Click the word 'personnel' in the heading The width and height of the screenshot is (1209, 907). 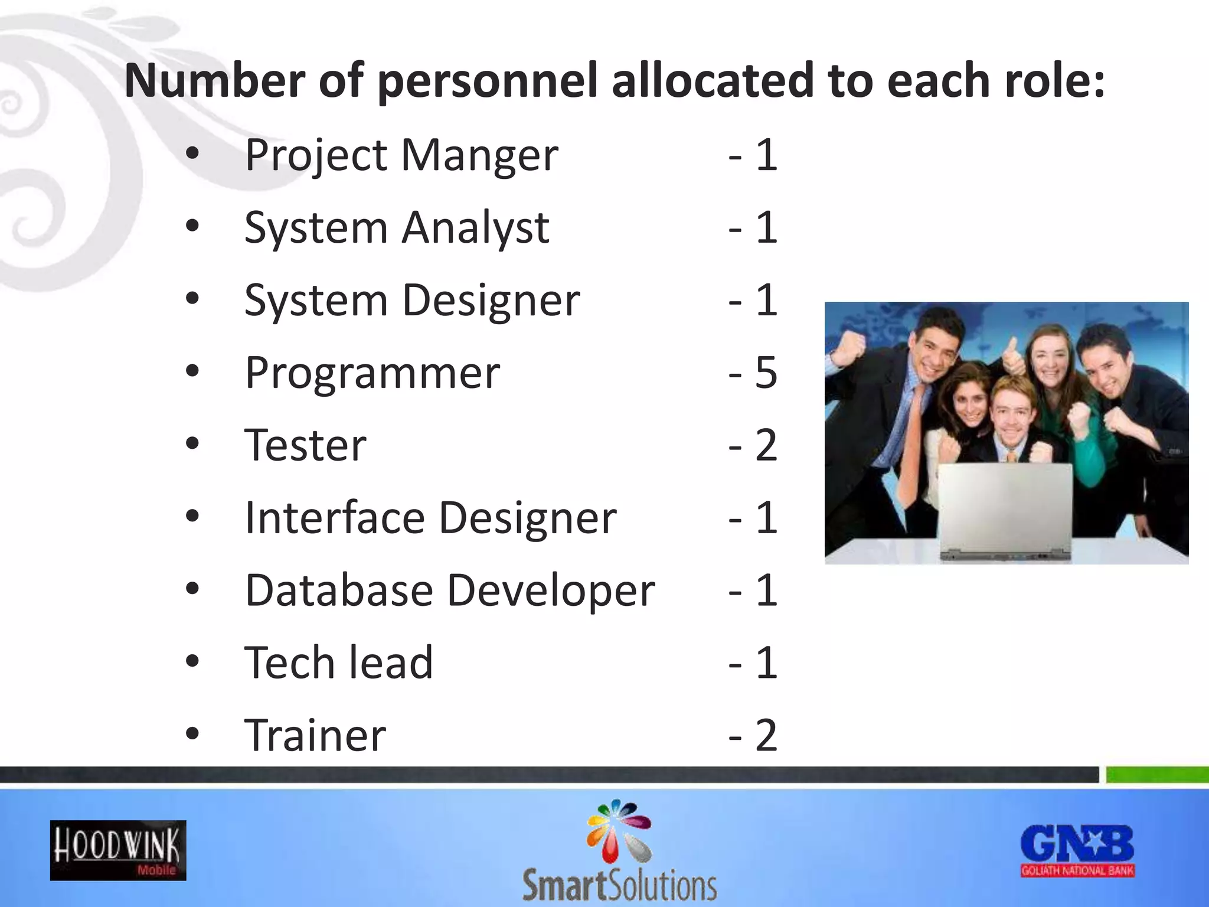pos(488,81)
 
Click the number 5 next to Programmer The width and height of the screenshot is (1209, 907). pos(766,373)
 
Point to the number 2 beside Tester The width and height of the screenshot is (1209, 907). pos(766,446)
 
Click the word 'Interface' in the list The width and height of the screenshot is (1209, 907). pos(335,518)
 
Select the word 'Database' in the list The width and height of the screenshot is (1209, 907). pos(339,590)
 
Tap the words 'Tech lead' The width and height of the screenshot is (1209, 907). pos(339,663)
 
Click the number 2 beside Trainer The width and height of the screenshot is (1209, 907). pos(766,736)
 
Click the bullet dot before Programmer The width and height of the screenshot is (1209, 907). pos(192,372)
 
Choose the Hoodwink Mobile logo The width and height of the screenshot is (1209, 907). pos(118,850)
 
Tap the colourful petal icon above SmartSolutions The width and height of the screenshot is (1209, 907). pos(619,830)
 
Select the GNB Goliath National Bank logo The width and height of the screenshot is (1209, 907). pos(1077,850)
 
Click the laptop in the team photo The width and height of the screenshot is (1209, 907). pos(1005,511)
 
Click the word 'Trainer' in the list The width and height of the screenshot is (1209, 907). pos(315,736)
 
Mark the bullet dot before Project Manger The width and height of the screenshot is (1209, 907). pos(192,154)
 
